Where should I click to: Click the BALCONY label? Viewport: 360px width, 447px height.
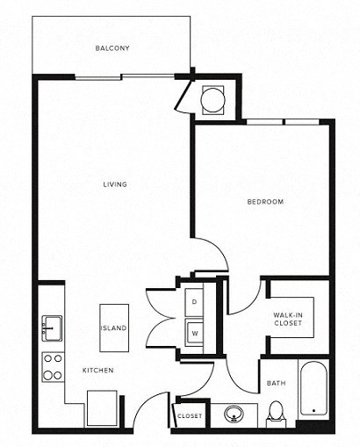(x=112, y=48)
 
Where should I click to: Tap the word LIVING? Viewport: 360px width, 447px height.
(x=115, y=184)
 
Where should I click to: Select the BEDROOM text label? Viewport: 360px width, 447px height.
(x=264, y=203)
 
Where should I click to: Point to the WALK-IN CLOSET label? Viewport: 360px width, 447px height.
(x=288, y=319)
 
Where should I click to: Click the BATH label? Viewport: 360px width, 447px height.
(x=275, y=384)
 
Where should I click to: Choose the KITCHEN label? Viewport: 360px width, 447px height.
(x=98, y=371)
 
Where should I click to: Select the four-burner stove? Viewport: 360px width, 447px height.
(x=53, y=366)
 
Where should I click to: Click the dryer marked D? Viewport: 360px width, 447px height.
(x=195, y=301)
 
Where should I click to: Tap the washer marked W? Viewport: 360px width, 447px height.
(x=195, y=333)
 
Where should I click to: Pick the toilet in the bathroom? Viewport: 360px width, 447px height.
(x=276, y=411)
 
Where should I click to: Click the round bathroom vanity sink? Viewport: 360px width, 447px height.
(x=234, y=413)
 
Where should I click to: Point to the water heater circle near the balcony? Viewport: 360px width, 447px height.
(x=213, y=100)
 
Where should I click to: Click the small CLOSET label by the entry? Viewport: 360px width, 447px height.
(x=190, y=415)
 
